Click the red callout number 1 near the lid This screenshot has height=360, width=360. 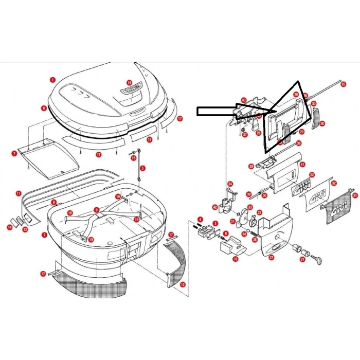[x=52, y=80]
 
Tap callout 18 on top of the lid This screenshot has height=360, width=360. [x=129, y=82]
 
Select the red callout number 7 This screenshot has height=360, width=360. [x=15, y=153]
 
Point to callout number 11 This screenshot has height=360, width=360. [x=19, y=194]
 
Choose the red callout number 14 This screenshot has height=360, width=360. [x=9, y=226]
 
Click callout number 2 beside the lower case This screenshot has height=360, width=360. [x=44, y=235]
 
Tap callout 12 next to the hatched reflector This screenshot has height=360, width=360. [x=183, y=283]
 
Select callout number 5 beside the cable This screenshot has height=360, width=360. [x=142, y=168]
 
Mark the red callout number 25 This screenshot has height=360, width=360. [x=343, y=83]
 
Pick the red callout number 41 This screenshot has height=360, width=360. [x=303, y=165]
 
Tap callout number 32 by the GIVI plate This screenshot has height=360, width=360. [x=334, y=183]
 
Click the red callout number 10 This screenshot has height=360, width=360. [x=235, y=259]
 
